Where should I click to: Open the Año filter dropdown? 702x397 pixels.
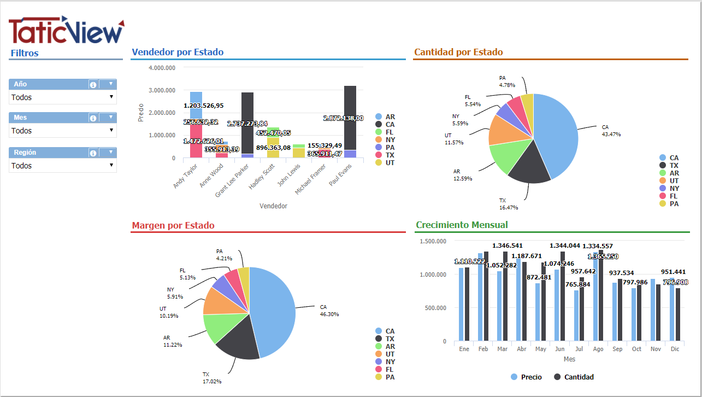pos(62,97)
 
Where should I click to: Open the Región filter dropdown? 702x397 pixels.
pos(62,166)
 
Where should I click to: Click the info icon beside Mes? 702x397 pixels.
pos(93,118)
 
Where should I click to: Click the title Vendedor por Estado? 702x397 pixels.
pos(178,52)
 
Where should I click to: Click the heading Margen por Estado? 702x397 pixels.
pos(173,225)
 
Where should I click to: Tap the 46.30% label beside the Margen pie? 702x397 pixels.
pos(329,314)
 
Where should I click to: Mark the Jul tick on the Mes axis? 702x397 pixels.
pos(579,349)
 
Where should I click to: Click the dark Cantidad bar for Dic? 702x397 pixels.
pos(678,314)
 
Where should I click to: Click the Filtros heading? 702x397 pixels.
pos(25,53)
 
